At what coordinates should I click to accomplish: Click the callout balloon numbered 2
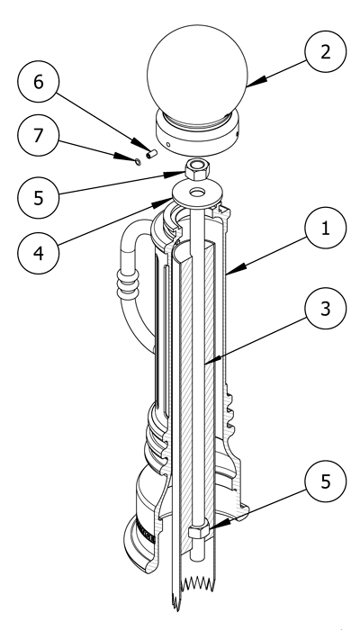click(x=326, y=52)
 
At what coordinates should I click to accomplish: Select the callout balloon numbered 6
click(x=38, y=82)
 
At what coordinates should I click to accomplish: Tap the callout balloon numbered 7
click(x=38, y=135)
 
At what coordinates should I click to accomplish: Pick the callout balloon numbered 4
click(x=38, y=253)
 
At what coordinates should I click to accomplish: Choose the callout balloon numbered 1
click(x=326, y=228)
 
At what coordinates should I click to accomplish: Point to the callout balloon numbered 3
click(x=326, y=308)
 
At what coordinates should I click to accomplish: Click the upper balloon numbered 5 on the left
click(x=38, y=198)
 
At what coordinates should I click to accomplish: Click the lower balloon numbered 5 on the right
click(x=326, y=481)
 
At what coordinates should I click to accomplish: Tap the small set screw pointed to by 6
click(x=151, y=154)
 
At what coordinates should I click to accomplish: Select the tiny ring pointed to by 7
click(x=138, y=161)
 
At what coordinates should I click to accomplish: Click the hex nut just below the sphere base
click(x=197, y=169)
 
